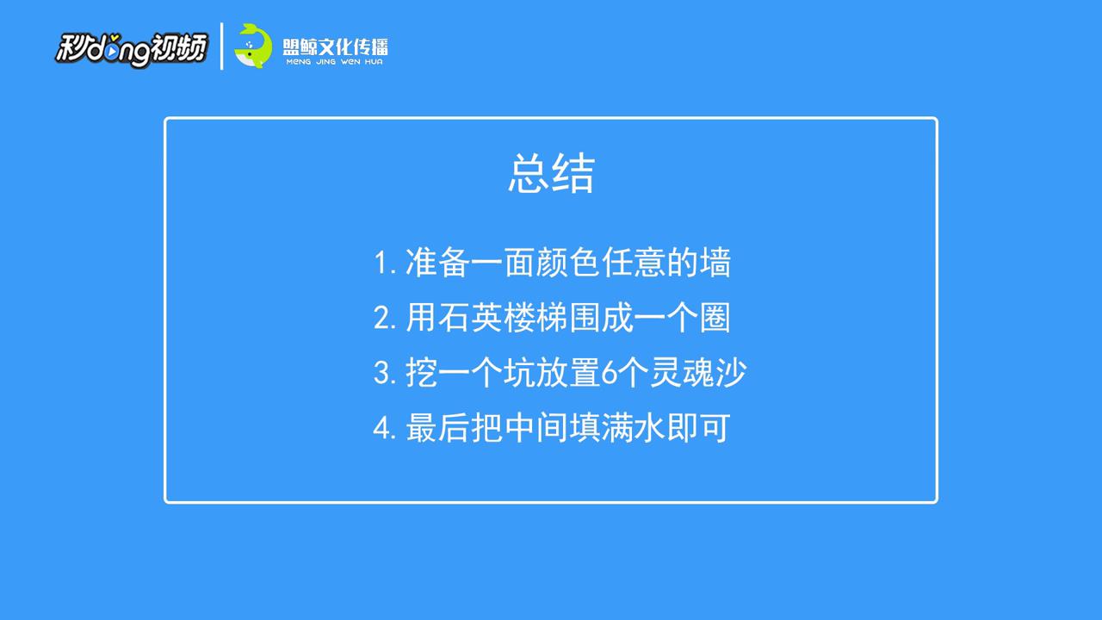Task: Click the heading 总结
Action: pos(551,173)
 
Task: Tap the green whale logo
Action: pos(253,46)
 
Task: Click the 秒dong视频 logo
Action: pos(132,49)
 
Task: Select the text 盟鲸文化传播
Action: pos(335,47)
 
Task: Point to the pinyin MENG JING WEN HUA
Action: pos(335,62)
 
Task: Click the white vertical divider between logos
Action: pos(222,46)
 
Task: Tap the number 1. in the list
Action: pos(385,263)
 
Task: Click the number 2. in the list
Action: pos(385,318)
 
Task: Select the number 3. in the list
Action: pos(385,373)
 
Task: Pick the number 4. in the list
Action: pos(385,428)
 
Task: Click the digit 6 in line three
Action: pos(609,373)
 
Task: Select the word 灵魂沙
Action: pos(698,373)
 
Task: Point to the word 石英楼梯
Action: pos(502,318)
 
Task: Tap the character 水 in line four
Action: pos(649,428)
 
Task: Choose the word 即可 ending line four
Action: pos(698,428)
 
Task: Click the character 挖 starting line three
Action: pos(421,373)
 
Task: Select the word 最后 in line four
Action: pos(437,428)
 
